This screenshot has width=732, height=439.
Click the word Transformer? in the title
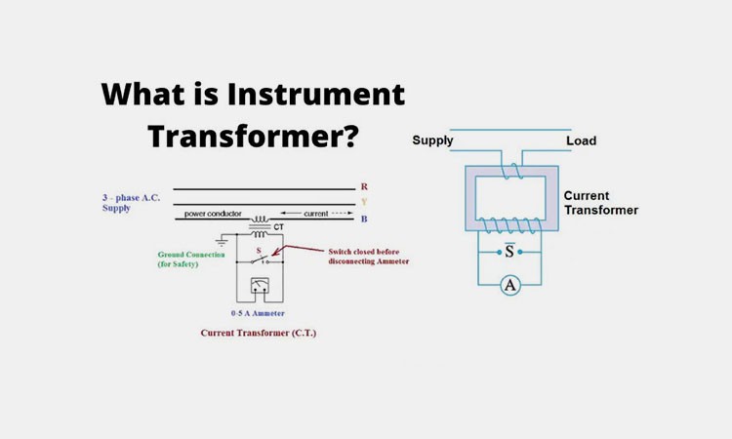tap(253, 135)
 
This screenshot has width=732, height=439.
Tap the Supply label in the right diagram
tap(432, 140)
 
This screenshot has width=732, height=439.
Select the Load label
tap(581, 140)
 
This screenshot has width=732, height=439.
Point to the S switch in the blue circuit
tap(508, 251)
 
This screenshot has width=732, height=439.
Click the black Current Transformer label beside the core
tap(600, 203)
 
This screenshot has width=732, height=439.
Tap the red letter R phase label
tap(364, 186)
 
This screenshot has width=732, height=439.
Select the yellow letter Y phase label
tap(364, 203)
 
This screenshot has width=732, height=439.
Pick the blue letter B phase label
tap(364, 219)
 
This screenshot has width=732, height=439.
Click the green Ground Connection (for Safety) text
tap(191, 259)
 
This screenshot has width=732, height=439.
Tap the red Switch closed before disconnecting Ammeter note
tap(368, 257)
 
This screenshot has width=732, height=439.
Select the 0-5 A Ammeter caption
tap(258, 313)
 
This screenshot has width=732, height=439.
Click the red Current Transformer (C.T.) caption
tap(258, 333)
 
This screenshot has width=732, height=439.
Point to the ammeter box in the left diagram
tap(260, 287)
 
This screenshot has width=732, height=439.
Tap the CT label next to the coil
tap(278, 227)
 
